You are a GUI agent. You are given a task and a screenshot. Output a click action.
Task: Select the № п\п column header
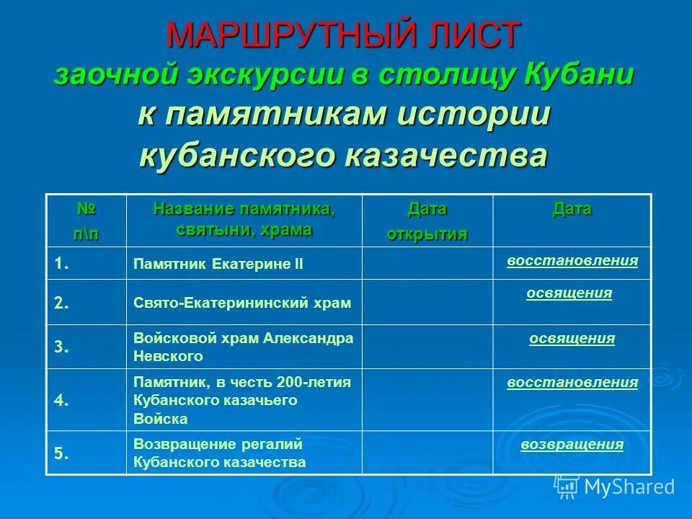pyautogui.click(x=86, y=221)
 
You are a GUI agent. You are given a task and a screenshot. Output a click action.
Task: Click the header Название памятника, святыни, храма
pyautogui.click(x=244, y=219)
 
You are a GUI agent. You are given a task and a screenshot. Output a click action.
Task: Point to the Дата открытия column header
pyautogui.click(x=427, y=221)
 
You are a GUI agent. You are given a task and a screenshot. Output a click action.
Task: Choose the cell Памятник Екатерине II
pyautogui.click(x=218, y=265)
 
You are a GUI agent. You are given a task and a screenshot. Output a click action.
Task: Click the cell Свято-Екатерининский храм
pyautogui.click(x=242, y=303)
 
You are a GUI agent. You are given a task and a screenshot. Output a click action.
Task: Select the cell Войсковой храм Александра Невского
pyautogui.click(x=244, y=347)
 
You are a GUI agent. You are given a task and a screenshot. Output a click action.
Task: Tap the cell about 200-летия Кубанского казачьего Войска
pyautogui.click(x=242, y=400)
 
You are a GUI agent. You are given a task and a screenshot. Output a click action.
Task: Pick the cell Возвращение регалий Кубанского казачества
pyautogui.click(x=220, y=453)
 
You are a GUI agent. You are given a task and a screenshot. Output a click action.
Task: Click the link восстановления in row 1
pyautogui.click(x=572, y=260)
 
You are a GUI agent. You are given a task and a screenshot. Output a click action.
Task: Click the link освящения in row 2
pyautogui.click(x=569, y=293)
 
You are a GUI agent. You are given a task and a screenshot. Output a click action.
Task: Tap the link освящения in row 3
pyautogui.click(x=572, y=339)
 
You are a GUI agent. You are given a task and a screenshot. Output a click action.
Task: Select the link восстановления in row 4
pyautogui.click(x=572, y=382)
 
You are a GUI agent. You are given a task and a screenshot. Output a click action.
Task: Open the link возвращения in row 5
pyautogui.click(x=572, y=444)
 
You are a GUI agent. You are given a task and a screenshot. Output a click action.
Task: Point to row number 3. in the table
pyautogui.click(x=62, y=347)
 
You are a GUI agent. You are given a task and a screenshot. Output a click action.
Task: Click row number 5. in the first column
pyautogui.click(x=62, y=453)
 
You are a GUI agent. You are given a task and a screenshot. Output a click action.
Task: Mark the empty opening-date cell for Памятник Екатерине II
pyautogui.click(x=427, y=263)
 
